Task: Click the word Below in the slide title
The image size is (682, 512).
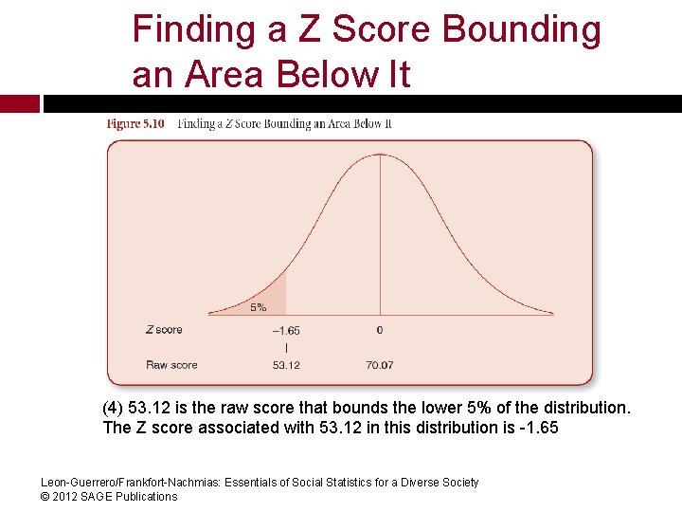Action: point(320,74)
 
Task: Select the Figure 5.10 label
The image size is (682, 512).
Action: point(136,123)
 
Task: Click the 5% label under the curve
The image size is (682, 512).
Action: point(259,307)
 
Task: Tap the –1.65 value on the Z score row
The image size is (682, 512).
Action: point(286,331)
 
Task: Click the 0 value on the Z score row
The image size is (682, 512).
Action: point(380,331)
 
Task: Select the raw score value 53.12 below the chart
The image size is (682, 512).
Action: point(286,365)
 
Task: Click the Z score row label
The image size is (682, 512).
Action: point(164,330)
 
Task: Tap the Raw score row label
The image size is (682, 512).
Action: point(171,365)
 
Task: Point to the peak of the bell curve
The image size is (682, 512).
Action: point(381,155)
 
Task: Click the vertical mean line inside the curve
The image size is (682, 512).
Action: point(381,237)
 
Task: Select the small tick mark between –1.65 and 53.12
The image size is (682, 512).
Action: point(286,348)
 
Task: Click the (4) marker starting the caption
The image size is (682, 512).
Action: point(113,408)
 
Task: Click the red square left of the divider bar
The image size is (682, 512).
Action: point(19,103)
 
